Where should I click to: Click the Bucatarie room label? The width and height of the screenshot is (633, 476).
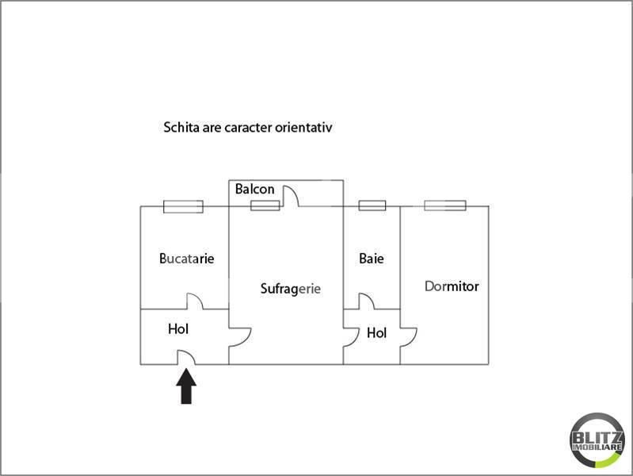point(186,259)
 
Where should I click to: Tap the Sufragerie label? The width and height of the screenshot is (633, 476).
point(290,289)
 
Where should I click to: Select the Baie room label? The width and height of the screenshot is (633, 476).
point(372,259)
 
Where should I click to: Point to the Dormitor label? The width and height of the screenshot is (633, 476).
point(452,286)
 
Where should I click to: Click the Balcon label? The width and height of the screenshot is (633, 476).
point(255,189)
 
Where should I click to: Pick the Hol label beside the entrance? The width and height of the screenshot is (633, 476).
point(178,329)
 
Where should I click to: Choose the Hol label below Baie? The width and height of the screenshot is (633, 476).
point(376,333)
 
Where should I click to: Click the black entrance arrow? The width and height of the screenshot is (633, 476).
point(186,386)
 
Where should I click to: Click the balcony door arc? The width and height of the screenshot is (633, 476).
point(295,191)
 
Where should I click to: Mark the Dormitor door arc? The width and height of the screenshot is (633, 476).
point(414,340)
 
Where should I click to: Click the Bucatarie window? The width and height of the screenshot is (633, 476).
point(183,206)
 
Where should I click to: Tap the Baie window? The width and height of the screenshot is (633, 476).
point(372,205)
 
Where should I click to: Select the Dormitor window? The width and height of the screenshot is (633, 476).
point(445,205)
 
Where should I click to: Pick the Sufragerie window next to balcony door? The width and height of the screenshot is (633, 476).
point(265,205)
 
